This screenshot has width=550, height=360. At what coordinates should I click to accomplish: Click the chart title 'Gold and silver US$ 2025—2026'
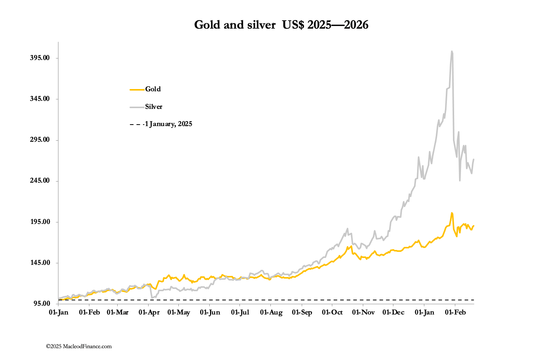click(x=281, y=25)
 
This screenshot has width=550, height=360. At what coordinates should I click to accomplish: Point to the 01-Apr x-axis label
click(x=149, y=313)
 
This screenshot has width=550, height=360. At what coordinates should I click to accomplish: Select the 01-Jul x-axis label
click(x=240, y=313)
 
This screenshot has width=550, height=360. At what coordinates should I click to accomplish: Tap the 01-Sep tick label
click(x=302, y=313)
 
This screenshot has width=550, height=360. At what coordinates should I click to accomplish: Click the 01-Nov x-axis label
click(x=363, y=313)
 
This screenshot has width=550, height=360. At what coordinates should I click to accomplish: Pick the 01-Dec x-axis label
click(x=393, y=313)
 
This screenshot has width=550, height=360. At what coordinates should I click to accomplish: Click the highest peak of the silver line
click(x=452, y=51)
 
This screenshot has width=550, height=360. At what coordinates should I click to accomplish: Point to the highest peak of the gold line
click(x=452, y=213)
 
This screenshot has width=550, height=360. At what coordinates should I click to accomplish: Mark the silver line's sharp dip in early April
click(x=152, y=298)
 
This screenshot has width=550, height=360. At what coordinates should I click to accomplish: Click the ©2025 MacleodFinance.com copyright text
click(x=79, y=347)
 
